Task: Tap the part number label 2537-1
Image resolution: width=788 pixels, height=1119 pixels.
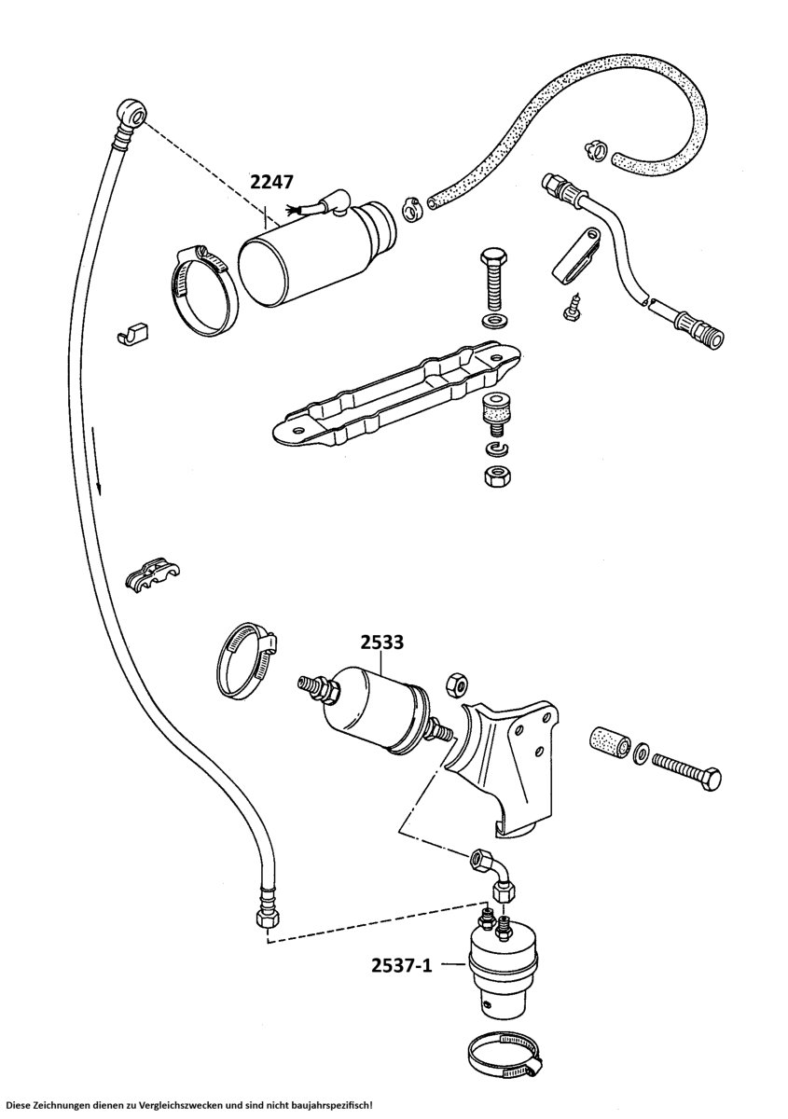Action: pos(403,965)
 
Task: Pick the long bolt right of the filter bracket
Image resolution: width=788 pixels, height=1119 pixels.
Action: pos(688,769)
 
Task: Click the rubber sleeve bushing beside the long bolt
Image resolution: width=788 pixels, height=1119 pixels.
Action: pos(606,740)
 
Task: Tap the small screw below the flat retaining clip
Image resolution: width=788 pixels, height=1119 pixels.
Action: pos(571,307)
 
